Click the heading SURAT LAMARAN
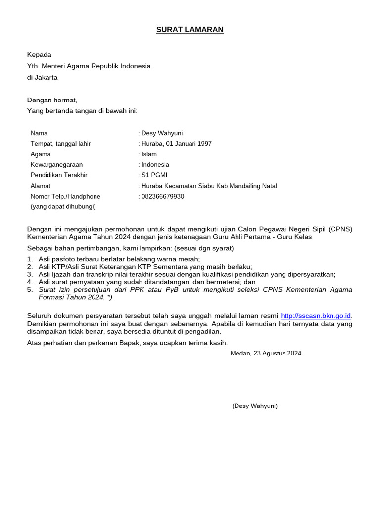coord(190,30)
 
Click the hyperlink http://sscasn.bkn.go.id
coord(316,316)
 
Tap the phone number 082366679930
coord(163,196)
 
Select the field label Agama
coord(41,154)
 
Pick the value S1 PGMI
coord(154,175)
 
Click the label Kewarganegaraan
coord(56,164)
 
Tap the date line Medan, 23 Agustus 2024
coord(266,353)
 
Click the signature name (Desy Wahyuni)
coord(255,406)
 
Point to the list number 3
coord(30,274)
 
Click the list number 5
coord(30,289)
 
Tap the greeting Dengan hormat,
coord(52,100)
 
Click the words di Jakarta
coord(42,77)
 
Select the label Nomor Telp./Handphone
coord(65,196)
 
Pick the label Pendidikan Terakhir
coord(59,175)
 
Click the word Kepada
coord(39,55)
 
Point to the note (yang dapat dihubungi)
coord(63,206)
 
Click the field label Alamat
coord(41,186)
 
